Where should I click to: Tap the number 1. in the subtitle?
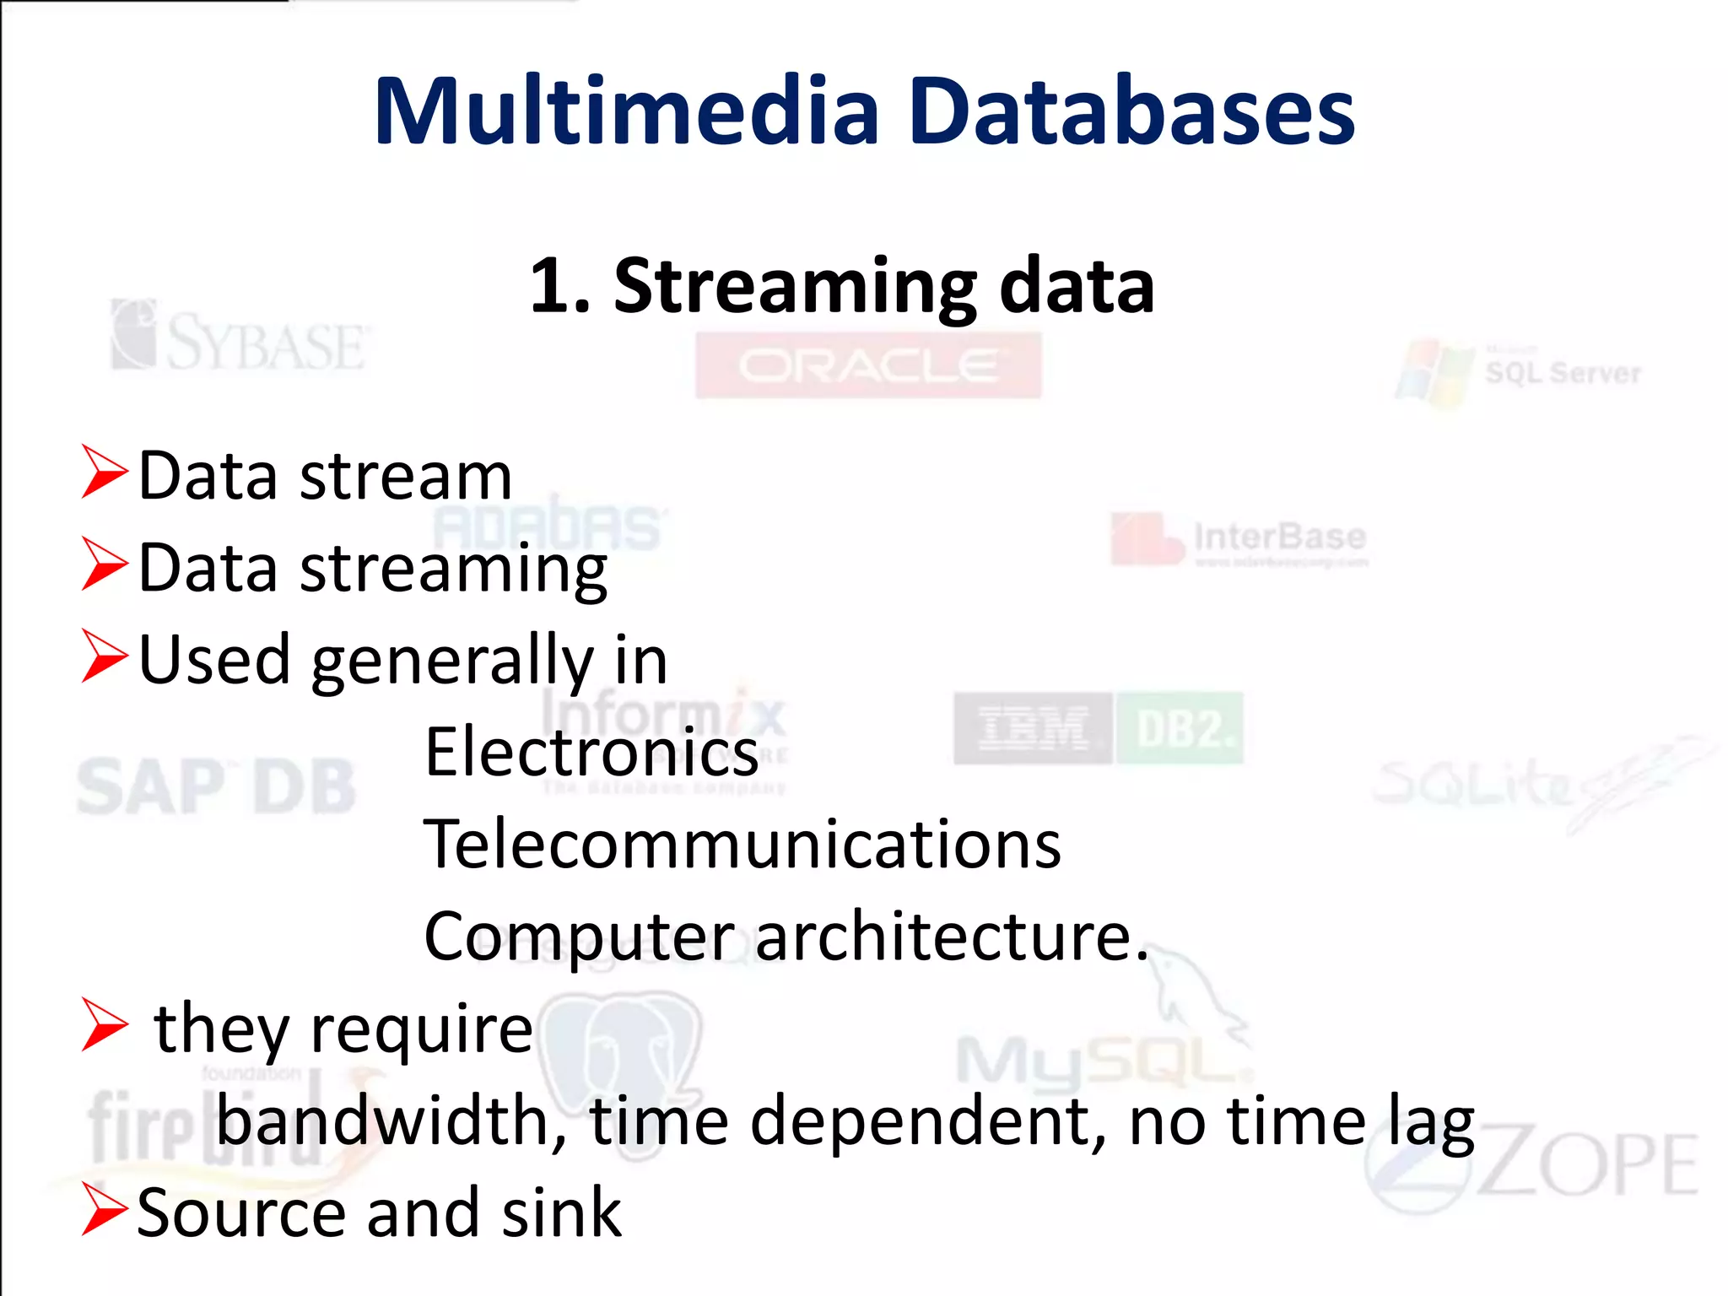coord(559,287)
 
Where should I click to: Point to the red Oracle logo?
coord(868,365)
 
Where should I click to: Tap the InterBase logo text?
coord(1279,537)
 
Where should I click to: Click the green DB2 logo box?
coord(1180,728)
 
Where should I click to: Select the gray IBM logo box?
coord(1033,728)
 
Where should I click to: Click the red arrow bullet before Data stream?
coord(104,472)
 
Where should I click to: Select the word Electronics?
coord(591,753)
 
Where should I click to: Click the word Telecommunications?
coord(742,845)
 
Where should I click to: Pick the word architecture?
coord(952,937)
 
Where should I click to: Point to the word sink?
coord(561,1212)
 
